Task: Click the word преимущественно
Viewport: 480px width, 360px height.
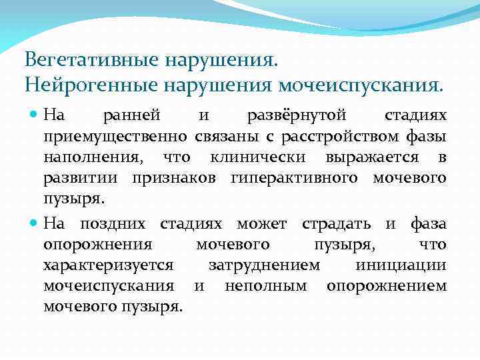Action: point(117,137)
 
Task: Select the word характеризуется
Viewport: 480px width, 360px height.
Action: point(108,265)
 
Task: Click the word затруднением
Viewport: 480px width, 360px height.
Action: point(265,265)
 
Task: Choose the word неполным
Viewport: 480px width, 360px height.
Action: point(265,286)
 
